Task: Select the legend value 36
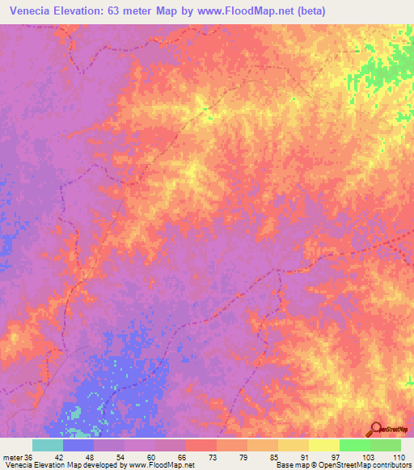[x=29, y=457]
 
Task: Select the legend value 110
[x=399, y=457]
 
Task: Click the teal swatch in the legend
[x=48, y=445]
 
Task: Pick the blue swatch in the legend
[x=78, y=445]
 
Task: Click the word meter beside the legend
[x=12, y=457]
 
